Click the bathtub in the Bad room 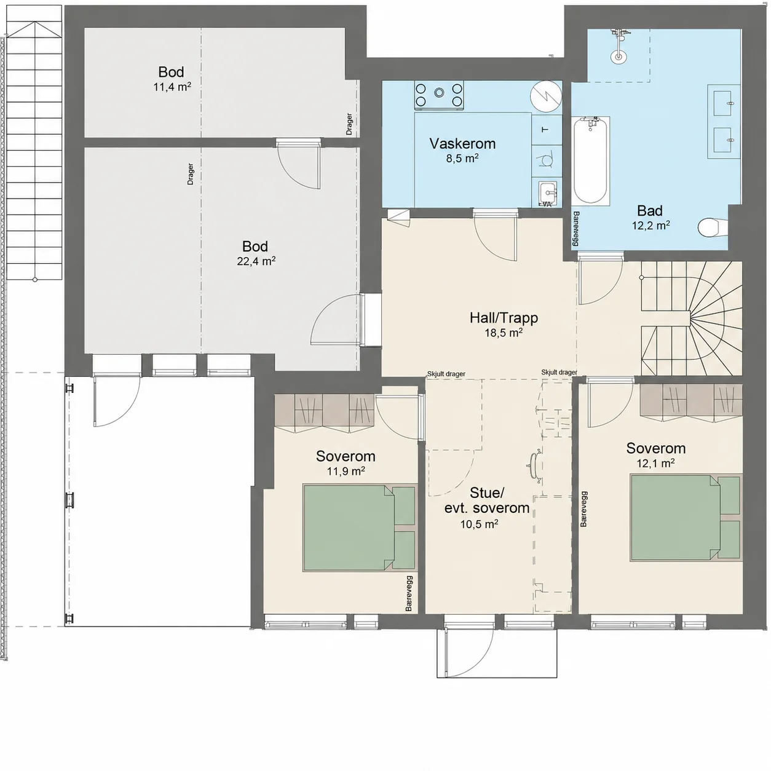tap(591, 161)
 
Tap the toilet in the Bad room tap(713, 227)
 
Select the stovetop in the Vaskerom tap(439, 95)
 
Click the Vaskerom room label tap(462, 144)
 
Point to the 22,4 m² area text tap(256, 261)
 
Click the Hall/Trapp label tap(504, 318)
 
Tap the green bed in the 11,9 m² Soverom tap(359, 528)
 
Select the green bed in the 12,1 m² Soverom tap(686, 517)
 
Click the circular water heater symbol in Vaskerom tap(546, 97)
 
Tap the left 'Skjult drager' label tap(446, 374)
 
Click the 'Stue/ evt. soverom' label tap(487, 500)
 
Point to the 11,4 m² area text tap(172, 87)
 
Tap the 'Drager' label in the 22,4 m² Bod tap(191, 173)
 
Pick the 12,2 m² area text tap(651, 226)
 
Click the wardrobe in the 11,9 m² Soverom tap(324, 413)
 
